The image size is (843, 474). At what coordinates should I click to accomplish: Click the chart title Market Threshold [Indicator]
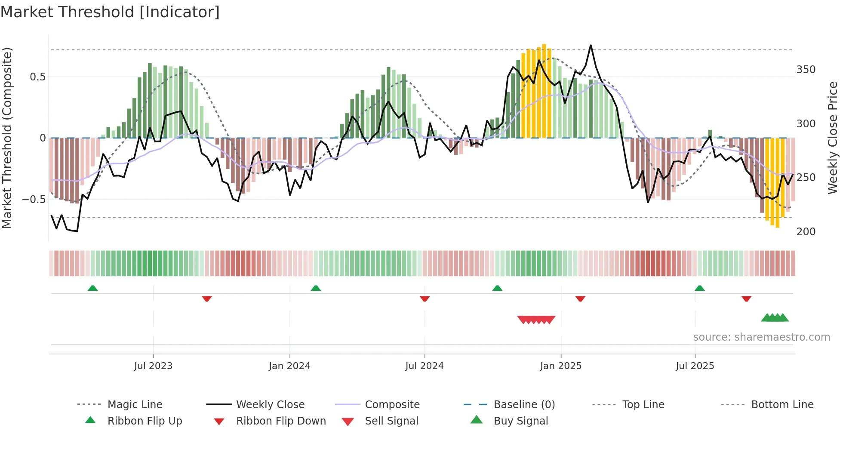110,12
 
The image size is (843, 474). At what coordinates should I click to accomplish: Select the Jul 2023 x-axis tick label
153,366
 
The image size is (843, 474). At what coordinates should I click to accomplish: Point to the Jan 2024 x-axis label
289,366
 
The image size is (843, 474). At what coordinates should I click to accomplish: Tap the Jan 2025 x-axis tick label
561,366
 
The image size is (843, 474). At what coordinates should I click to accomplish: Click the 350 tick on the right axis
806,70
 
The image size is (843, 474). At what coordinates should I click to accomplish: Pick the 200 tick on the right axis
806,232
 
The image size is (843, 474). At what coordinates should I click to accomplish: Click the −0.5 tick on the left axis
34,200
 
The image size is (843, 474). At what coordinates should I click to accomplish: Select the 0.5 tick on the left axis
37,77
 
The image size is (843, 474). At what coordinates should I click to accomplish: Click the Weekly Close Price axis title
833,138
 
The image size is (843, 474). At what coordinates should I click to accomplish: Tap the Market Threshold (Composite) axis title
7,138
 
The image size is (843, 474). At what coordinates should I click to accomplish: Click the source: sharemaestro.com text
761,337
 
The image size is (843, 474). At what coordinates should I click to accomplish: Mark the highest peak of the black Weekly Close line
591,46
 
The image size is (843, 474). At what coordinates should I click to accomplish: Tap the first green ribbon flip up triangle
92,288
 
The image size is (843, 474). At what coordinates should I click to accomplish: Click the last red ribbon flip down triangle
746,299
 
